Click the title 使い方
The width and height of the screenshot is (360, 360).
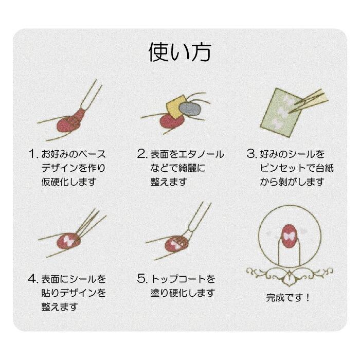[x=180, y=52]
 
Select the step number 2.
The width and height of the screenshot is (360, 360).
[x=142, y=154]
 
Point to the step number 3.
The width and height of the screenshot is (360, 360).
[x=251, y=154]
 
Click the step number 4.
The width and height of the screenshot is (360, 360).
[x=33, y=279]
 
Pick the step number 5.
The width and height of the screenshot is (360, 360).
[x=142, y=279]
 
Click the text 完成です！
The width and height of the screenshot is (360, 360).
[x=288, y=298]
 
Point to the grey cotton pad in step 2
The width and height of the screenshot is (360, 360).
[x=190, y=109]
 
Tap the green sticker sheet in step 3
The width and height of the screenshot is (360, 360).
[x=278, y=113]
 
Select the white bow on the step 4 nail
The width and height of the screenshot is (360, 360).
[x=67, y=241]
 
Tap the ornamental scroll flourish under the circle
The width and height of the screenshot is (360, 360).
[x=289, y=276]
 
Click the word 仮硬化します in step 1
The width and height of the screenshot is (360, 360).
[x=68, y=182]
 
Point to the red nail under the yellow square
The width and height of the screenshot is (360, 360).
[x=172, y=121]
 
